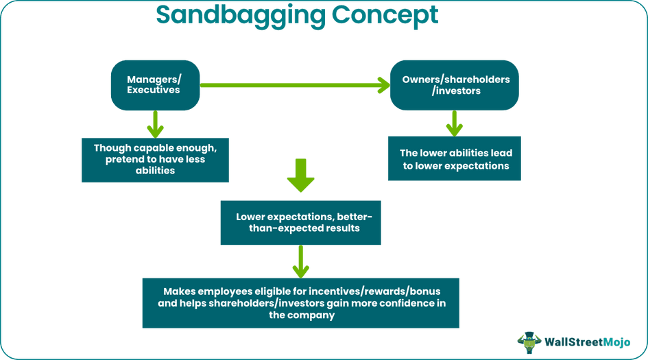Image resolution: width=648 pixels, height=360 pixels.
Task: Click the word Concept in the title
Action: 384,14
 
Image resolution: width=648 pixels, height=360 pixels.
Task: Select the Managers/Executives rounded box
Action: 155,85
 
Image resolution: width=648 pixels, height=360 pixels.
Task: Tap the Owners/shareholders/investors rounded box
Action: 455,85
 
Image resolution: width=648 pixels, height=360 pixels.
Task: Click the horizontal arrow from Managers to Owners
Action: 295,85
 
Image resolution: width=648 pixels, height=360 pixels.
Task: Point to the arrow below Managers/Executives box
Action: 155,124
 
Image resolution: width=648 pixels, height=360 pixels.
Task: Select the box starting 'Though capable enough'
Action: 155,160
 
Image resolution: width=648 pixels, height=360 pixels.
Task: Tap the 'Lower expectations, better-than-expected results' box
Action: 300,222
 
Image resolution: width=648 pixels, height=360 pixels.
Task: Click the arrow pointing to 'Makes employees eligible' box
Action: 300,261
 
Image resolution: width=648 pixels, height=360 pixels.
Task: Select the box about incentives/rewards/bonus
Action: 300,303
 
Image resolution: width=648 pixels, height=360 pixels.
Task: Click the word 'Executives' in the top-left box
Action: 154,91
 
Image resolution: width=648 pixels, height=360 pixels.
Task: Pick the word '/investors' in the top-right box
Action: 456,91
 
